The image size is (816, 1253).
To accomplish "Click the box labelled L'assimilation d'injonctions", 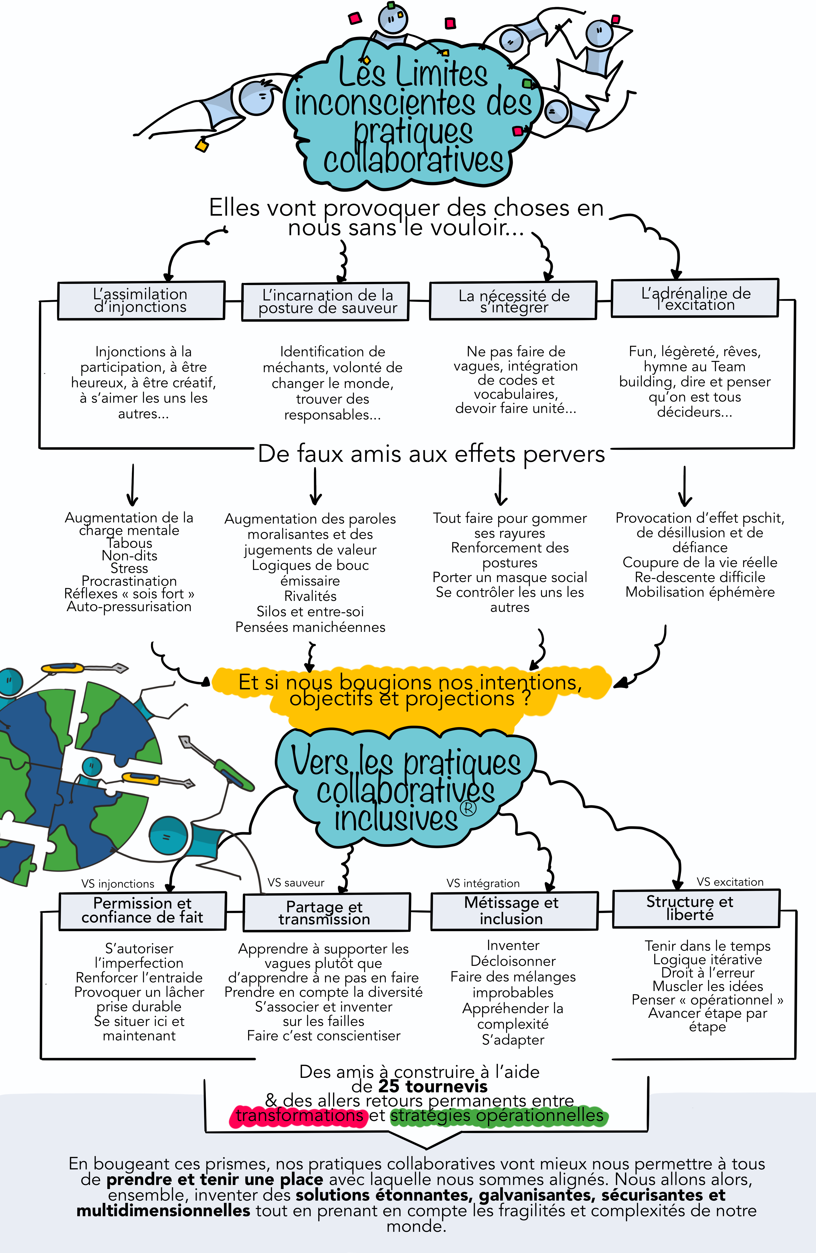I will pos(141,301).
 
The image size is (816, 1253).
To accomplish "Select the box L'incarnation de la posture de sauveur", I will pos(325,302).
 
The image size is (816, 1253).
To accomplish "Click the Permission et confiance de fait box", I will pos(143,911).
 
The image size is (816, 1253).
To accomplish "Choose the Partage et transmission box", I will pos(326,912).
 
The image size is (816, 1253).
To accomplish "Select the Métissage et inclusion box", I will pos(514,911).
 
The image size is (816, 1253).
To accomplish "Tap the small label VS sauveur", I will pos(296,882).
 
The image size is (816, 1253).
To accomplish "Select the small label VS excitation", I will pos(730,882).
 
